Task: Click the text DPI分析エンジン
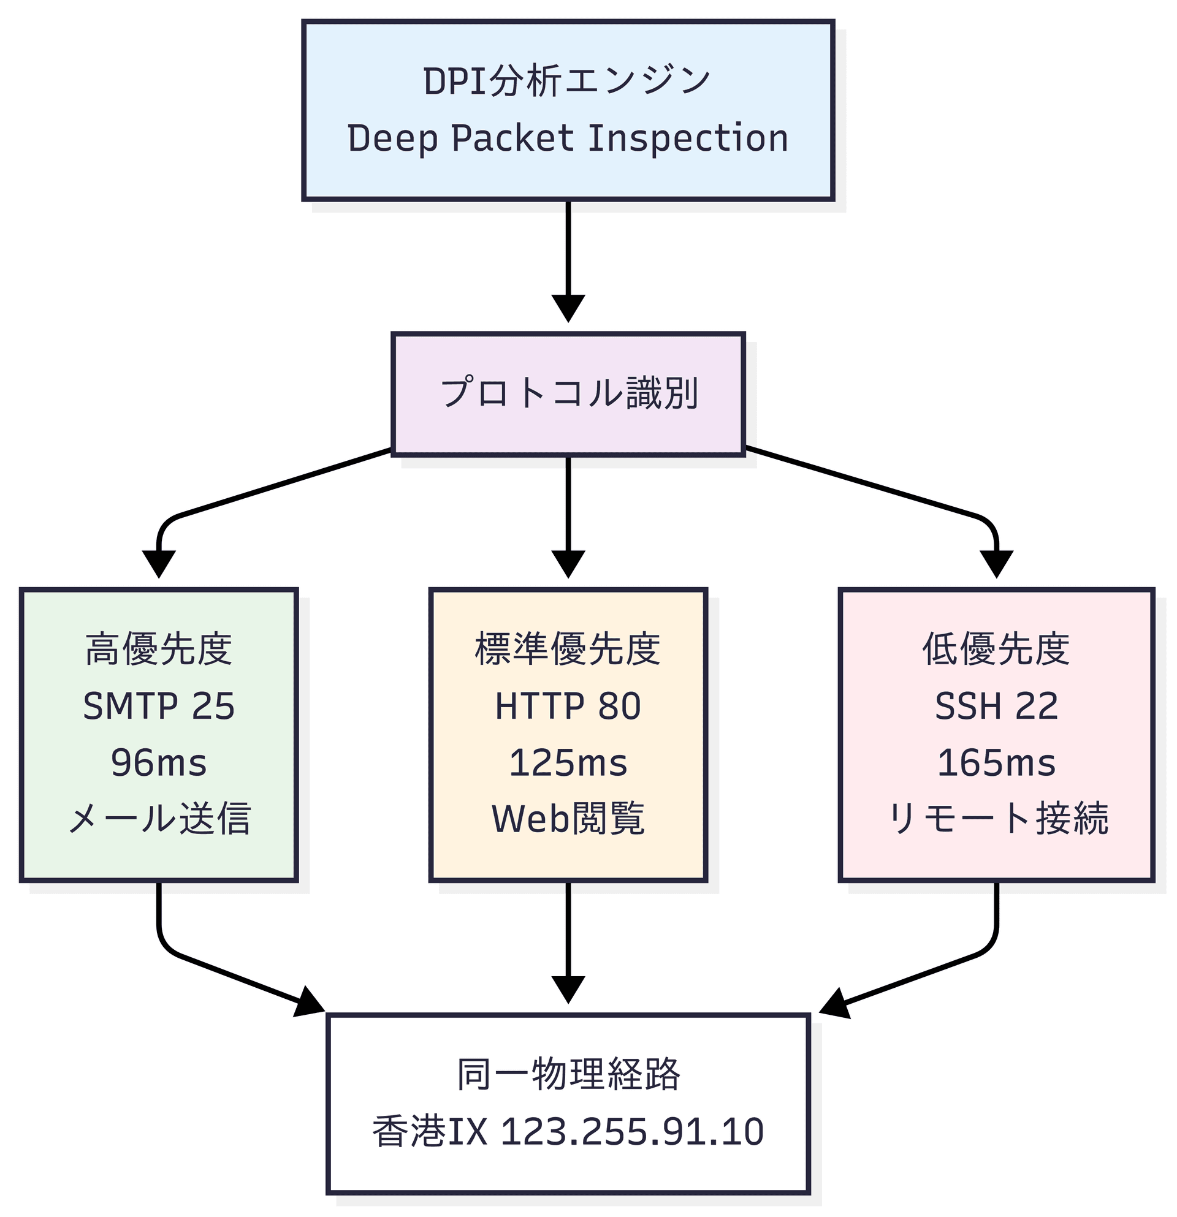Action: tap(567, 82)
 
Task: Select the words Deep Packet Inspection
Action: tap(567, 138)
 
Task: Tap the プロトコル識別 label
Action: tap(568, 393)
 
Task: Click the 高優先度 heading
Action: tap(158, 650)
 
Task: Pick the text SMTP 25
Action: tap(158, 706)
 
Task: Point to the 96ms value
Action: tap(158, 762)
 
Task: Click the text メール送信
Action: tap(158, 819)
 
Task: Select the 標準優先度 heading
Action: tap(568, 650)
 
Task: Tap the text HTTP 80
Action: tap(568, 706)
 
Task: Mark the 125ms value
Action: tap(568, 762)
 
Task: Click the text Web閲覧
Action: tap(568, 819)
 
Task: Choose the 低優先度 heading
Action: tap(996, 650)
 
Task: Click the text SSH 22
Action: tap(996, 706)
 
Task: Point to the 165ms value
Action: tap(996, 762)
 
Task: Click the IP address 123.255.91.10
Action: tap(631, 1131)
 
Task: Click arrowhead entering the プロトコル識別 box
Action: tap(568, 309)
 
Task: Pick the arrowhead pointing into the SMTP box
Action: tap(158, 564)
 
